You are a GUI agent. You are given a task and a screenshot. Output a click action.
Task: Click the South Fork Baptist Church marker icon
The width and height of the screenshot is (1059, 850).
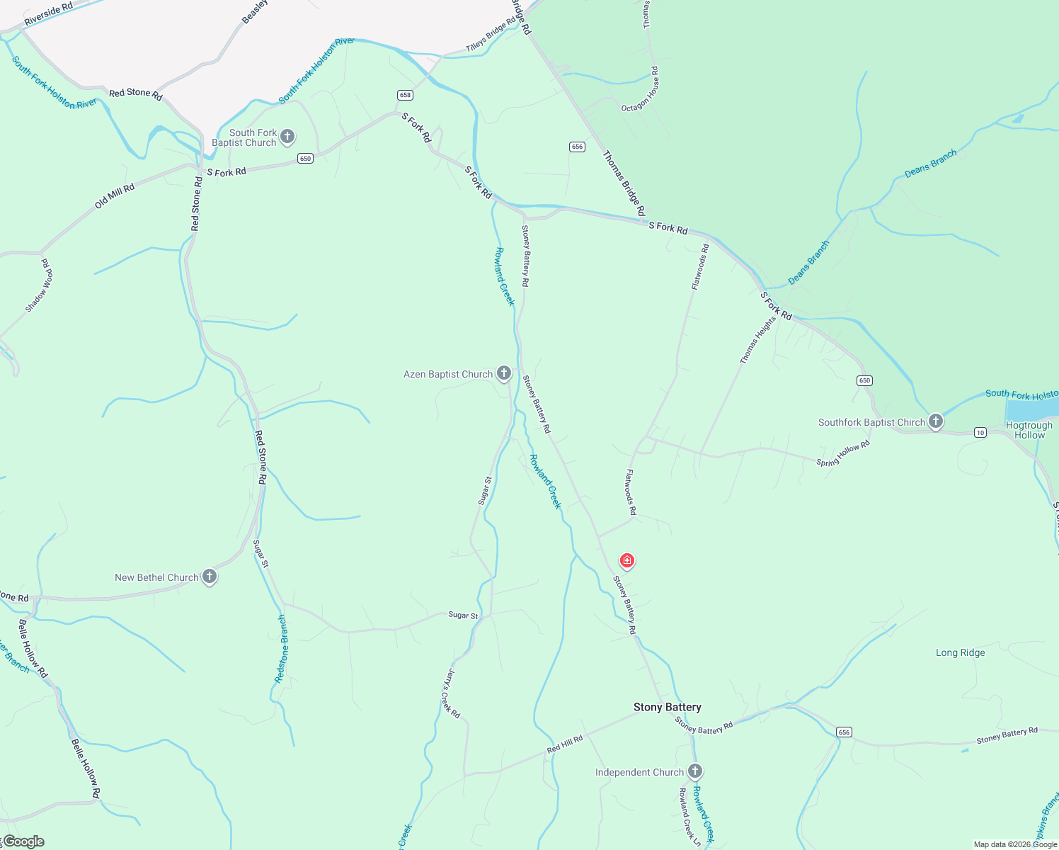(x=287, y=136)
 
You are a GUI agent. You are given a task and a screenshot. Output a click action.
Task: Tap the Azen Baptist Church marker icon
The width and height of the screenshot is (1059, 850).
(x=504, y=373)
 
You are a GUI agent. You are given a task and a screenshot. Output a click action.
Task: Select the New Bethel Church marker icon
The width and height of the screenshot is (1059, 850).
(x=210, y=576)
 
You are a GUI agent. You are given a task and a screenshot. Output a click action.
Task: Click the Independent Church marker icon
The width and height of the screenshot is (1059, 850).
(x=695, y=771)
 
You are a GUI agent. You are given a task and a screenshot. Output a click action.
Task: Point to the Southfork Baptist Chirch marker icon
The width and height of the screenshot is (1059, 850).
(x=936, y=421)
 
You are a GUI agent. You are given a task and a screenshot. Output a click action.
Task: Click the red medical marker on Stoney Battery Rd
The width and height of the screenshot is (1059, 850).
(x=626, y=561)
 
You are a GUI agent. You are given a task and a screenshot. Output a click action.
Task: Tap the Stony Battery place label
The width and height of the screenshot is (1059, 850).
(x=667, y=707)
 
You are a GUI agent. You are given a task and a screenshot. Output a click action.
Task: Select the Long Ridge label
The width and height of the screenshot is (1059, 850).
(x=960, y=652)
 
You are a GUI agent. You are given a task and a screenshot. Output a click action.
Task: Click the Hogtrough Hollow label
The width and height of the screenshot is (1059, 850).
(x=1029, y=430)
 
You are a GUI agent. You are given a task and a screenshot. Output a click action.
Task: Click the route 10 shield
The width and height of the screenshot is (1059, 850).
(x=980, y=432)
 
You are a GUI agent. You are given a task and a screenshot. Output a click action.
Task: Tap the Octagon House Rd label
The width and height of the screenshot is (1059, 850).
(x=641, y=90)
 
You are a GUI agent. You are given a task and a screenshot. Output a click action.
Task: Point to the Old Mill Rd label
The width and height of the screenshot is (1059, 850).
(x=115, y=196)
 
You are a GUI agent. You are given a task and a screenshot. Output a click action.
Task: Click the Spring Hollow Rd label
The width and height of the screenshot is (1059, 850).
(x=843, y=453)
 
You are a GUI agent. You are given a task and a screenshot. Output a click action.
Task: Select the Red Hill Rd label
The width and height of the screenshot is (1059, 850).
(x=565, y=744)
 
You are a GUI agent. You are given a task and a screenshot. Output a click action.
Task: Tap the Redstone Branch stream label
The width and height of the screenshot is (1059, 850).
(x=282, y=649)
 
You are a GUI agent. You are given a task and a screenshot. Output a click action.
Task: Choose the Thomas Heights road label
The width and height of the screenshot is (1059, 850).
(x=758, y=340)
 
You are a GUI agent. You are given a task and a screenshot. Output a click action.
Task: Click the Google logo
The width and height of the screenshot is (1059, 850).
(x=23, y=841)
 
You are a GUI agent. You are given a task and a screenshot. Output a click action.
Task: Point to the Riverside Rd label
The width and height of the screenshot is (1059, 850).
(x=48, y=15)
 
